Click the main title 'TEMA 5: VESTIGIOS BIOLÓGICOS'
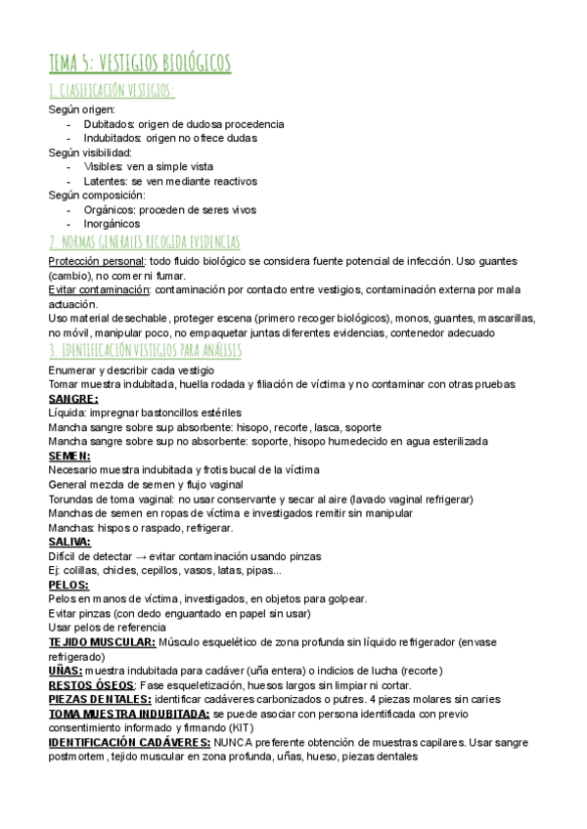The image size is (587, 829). (140, 63)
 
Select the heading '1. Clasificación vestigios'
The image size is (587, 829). (113, 91)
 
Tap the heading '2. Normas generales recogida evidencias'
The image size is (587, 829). (144, 241)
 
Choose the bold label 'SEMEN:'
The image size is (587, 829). (69, 456)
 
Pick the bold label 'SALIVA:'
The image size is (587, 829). (69, 542)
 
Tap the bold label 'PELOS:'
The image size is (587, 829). (68, 585)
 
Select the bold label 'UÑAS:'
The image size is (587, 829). (66, 671)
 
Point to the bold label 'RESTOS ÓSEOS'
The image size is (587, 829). (91, 685)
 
